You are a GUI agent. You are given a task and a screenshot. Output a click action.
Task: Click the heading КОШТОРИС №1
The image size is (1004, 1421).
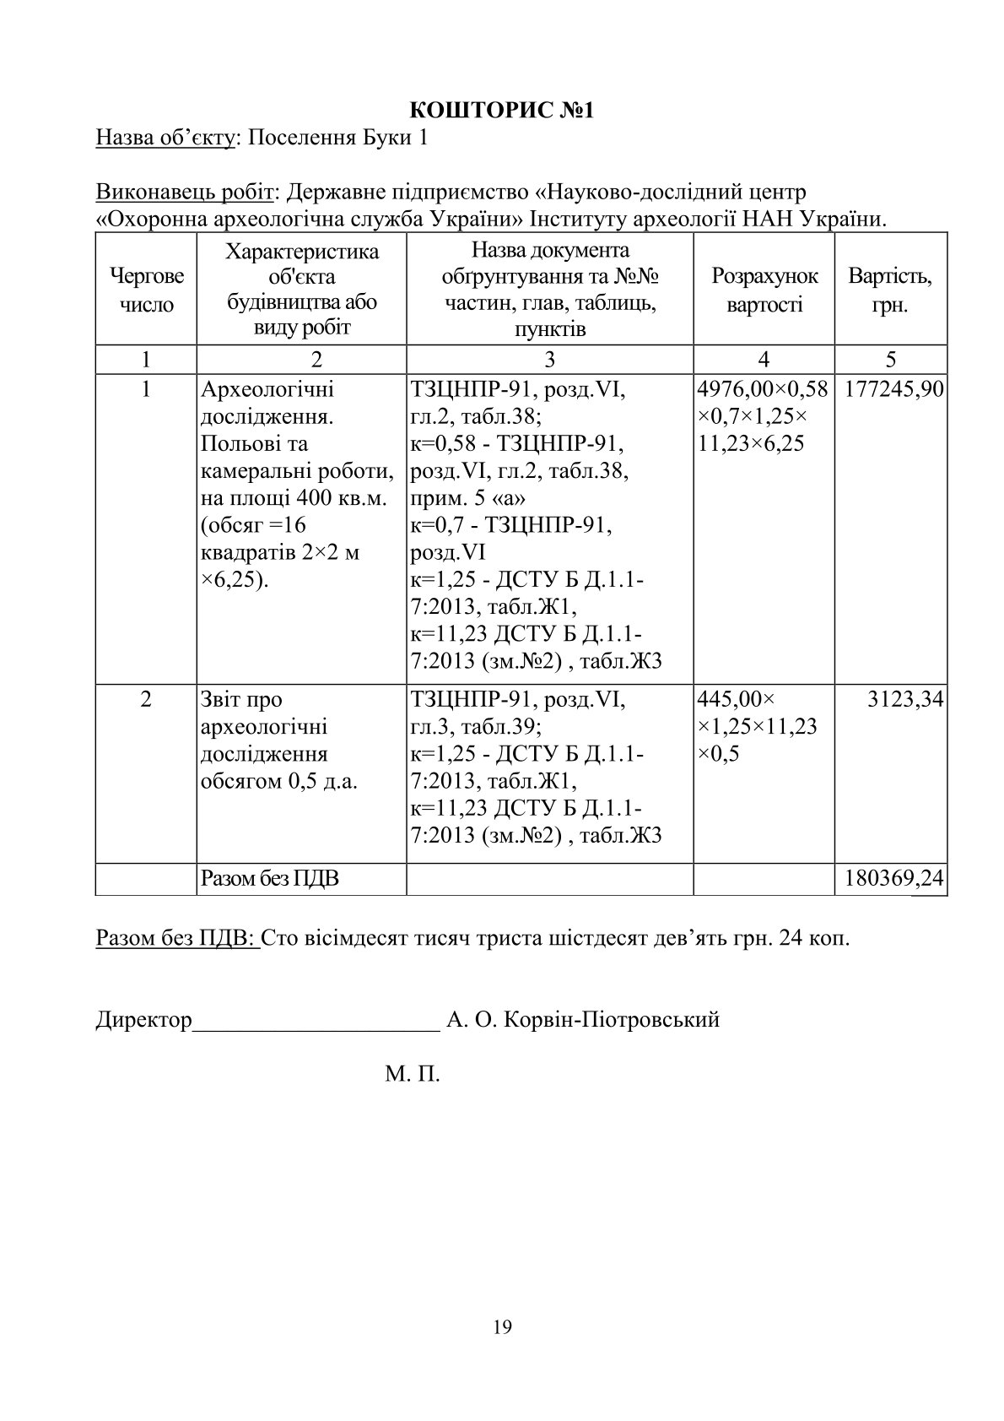502,110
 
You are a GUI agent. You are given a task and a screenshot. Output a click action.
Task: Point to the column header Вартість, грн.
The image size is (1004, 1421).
890,290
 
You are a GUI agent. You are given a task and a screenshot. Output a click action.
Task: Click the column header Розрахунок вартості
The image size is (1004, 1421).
764,290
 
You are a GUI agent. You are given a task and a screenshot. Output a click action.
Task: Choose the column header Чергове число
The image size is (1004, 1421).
146,290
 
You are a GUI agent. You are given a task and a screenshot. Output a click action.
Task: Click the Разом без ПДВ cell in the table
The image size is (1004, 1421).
270,879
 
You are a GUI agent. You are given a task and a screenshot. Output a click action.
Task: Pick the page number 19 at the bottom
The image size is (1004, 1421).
502,1327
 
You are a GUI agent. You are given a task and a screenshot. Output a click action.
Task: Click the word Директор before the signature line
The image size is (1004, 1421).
143,1019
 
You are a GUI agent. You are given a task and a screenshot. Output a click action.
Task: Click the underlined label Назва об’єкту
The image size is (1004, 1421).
165,138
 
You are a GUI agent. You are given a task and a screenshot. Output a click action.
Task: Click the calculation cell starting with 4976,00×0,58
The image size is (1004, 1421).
764,416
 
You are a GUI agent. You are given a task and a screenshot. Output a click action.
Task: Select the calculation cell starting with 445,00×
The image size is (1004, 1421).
759,726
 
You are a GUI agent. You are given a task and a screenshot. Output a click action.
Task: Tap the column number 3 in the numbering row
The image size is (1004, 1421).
549,359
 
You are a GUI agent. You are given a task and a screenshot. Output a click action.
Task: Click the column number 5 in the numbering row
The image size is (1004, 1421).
891,359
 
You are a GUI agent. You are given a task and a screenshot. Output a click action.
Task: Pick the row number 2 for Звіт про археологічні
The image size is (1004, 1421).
146,699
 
